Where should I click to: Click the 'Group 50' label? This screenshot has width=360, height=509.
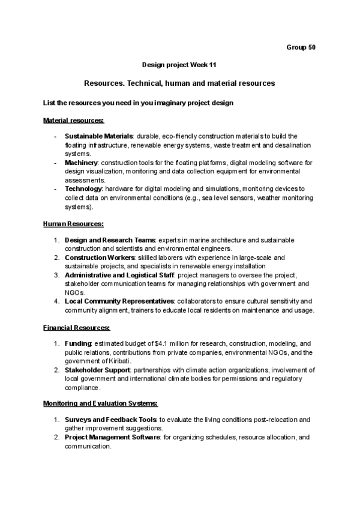tap(301, 47)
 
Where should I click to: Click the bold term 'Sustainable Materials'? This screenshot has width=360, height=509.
tap(99, 136)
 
